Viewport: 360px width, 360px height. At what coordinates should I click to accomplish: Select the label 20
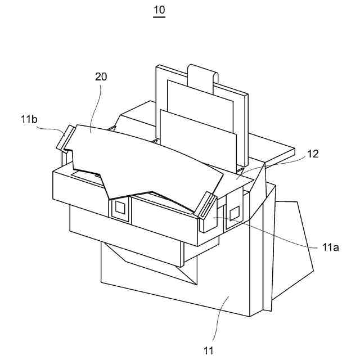[101, 77]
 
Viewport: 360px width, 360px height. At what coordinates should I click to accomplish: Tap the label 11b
[29, 119]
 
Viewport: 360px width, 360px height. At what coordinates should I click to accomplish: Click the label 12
[313, 154]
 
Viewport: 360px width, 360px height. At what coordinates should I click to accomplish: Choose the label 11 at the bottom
[209, 351]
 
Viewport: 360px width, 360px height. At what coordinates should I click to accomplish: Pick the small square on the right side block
[235, 213]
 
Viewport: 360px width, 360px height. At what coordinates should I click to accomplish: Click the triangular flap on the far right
[292, 247]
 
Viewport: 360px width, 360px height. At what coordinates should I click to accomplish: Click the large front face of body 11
[225, 281]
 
